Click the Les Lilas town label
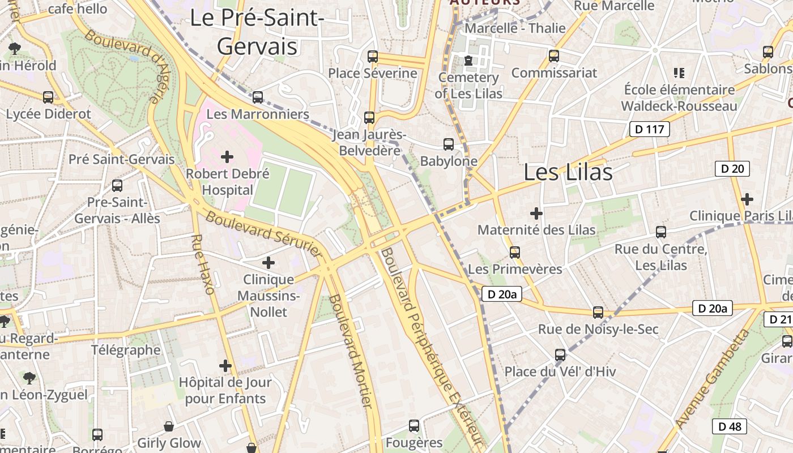point(568,172)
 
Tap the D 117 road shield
point(649,129)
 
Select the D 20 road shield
point(732,168)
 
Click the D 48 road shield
point(729,426)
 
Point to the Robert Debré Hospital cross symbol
point(227,156)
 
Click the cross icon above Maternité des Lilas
point(536,213)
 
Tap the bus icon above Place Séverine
point(372,56)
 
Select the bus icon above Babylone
point(448,144)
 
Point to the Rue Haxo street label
point(203,264)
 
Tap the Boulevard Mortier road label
point(351,351)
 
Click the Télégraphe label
point(126,350)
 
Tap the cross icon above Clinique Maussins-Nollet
point(268,262)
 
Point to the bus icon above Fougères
point(414,425)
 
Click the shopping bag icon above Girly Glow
point(169,426)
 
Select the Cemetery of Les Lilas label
point(468,85)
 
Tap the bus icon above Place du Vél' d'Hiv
point(560,354)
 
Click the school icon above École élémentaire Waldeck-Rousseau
point(679,72)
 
